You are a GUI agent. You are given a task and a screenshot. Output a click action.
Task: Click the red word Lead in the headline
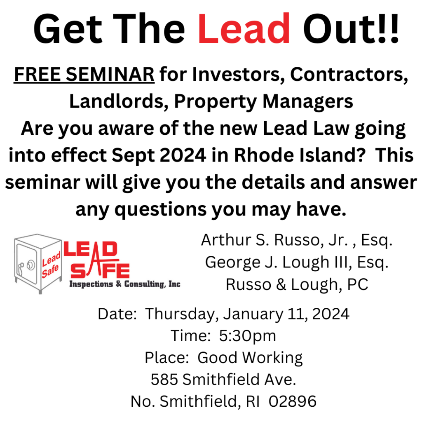tap(244, 28)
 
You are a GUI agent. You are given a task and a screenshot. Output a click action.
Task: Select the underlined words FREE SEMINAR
tap(84, 74)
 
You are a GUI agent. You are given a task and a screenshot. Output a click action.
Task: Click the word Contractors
tap(349, 75)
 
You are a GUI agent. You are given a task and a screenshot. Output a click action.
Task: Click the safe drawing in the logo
tap(38, 263)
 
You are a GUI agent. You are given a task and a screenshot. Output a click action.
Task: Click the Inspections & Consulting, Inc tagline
tap(125, 284)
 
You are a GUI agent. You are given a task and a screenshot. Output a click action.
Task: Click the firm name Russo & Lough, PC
tap(297, 284)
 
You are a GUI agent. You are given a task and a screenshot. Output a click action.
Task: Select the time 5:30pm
tap(248, 336)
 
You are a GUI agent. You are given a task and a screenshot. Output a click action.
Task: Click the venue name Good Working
tap(250, 358)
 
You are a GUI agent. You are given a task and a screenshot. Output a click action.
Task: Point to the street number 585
tap(164, 380)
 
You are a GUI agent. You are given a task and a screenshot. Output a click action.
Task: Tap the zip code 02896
tap(293, 401)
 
